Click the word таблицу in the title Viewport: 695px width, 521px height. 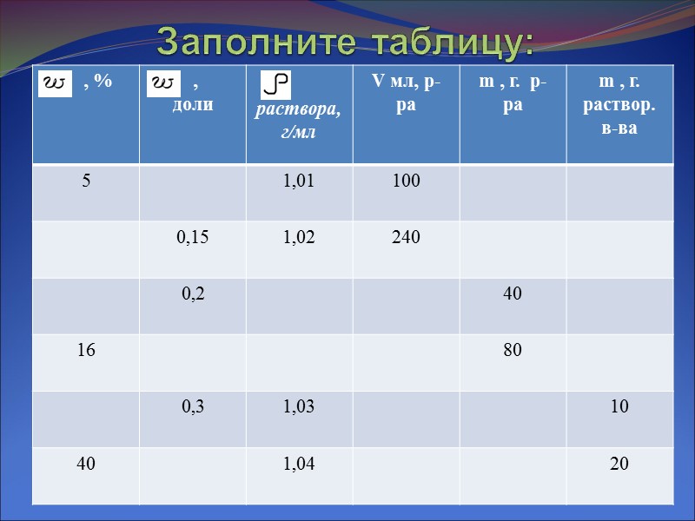pyautogui.click(x=451, y=42)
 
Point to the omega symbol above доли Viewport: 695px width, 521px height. pyautogui.click(x=163, y=82)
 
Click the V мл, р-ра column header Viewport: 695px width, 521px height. pyautogui.click(x=406, y=93)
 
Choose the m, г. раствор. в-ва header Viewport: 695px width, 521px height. pyautogui.click(x=619, y=105)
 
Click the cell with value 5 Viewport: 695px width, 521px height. pyautogui.click(x=86, y=181)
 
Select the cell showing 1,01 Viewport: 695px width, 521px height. pyautogui.click(x=299, y=181)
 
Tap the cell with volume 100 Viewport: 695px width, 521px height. pyautogui.click(x=406, y=181)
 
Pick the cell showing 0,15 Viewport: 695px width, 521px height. pyautogui.click(x=192, y=237)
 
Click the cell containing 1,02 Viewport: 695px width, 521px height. pyautogui.click(x=299, y=237)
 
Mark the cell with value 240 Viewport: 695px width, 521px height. pyautogui.click(x=406, y=237)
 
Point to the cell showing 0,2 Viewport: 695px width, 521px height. pyautogui.click(x=192, y=293)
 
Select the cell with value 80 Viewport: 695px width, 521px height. pyautogui.click(x=513, y=350)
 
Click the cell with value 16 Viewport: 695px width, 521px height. pyautogui.click(x=86, y=350)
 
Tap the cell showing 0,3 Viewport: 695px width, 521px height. pyautogui.click(x=192, y=406)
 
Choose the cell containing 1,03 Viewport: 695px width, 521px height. pyautogui.click(x=299, y=406)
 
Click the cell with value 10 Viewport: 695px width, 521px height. pyautogui.click(x=619, y=406)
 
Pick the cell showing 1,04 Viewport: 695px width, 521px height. pyautogui.click(x=299, y=464)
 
